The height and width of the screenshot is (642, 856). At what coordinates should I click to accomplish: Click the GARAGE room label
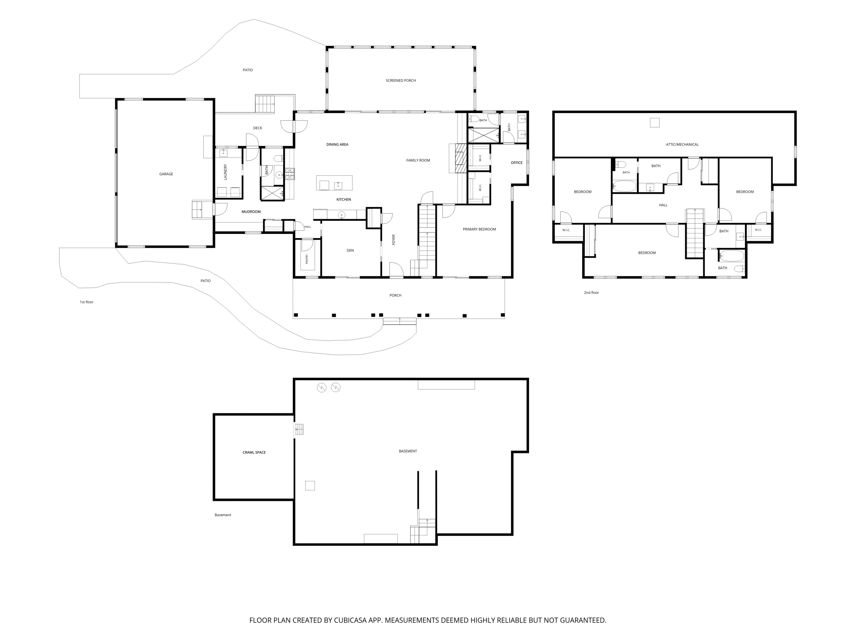(166, 174)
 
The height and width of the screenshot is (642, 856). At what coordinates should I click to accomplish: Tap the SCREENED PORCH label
(401, 80)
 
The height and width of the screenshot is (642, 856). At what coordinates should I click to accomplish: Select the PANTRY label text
(307, 259)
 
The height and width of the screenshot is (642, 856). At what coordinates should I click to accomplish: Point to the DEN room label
(350, 250)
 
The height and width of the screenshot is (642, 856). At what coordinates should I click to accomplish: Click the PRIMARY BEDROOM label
(479, 229)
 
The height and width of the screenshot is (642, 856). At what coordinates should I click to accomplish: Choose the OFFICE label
(517, 163)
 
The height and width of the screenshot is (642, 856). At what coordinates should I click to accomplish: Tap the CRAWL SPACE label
(254, 452)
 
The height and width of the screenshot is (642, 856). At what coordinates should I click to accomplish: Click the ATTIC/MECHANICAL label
(682, 144)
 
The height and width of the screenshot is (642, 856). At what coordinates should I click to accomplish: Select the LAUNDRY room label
(225, 172)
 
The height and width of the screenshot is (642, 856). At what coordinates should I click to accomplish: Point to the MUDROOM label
(251, 212)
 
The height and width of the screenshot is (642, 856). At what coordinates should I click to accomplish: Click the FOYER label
(393, 240)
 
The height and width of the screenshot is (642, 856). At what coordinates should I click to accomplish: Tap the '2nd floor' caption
(591, 292)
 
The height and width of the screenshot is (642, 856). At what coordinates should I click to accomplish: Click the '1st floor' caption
(87, 302)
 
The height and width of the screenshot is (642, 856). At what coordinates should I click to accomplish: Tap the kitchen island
(334, 183)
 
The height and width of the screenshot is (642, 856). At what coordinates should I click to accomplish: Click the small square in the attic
(654, 123)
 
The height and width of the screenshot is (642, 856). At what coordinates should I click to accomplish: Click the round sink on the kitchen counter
(342, 215)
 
